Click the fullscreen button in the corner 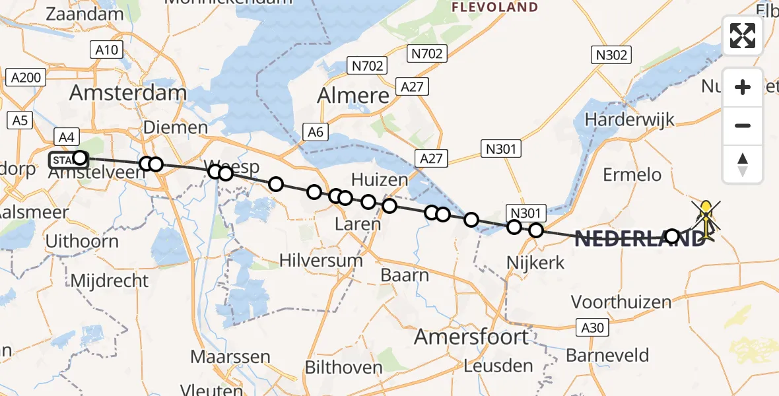[743, 36]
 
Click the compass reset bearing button [743, 164]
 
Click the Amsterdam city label [127, 92]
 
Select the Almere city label [353, 96]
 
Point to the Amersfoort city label [471, 337]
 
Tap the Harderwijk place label [629, 119]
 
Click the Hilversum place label [321, 260]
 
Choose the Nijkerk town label [535, 263]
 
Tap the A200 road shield [26, 78]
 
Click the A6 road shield [316, 132]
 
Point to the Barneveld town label [607, 355]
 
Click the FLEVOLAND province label [494, 7]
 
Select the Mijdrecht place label [110, 280]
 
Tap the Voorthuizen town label [621, 302]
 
